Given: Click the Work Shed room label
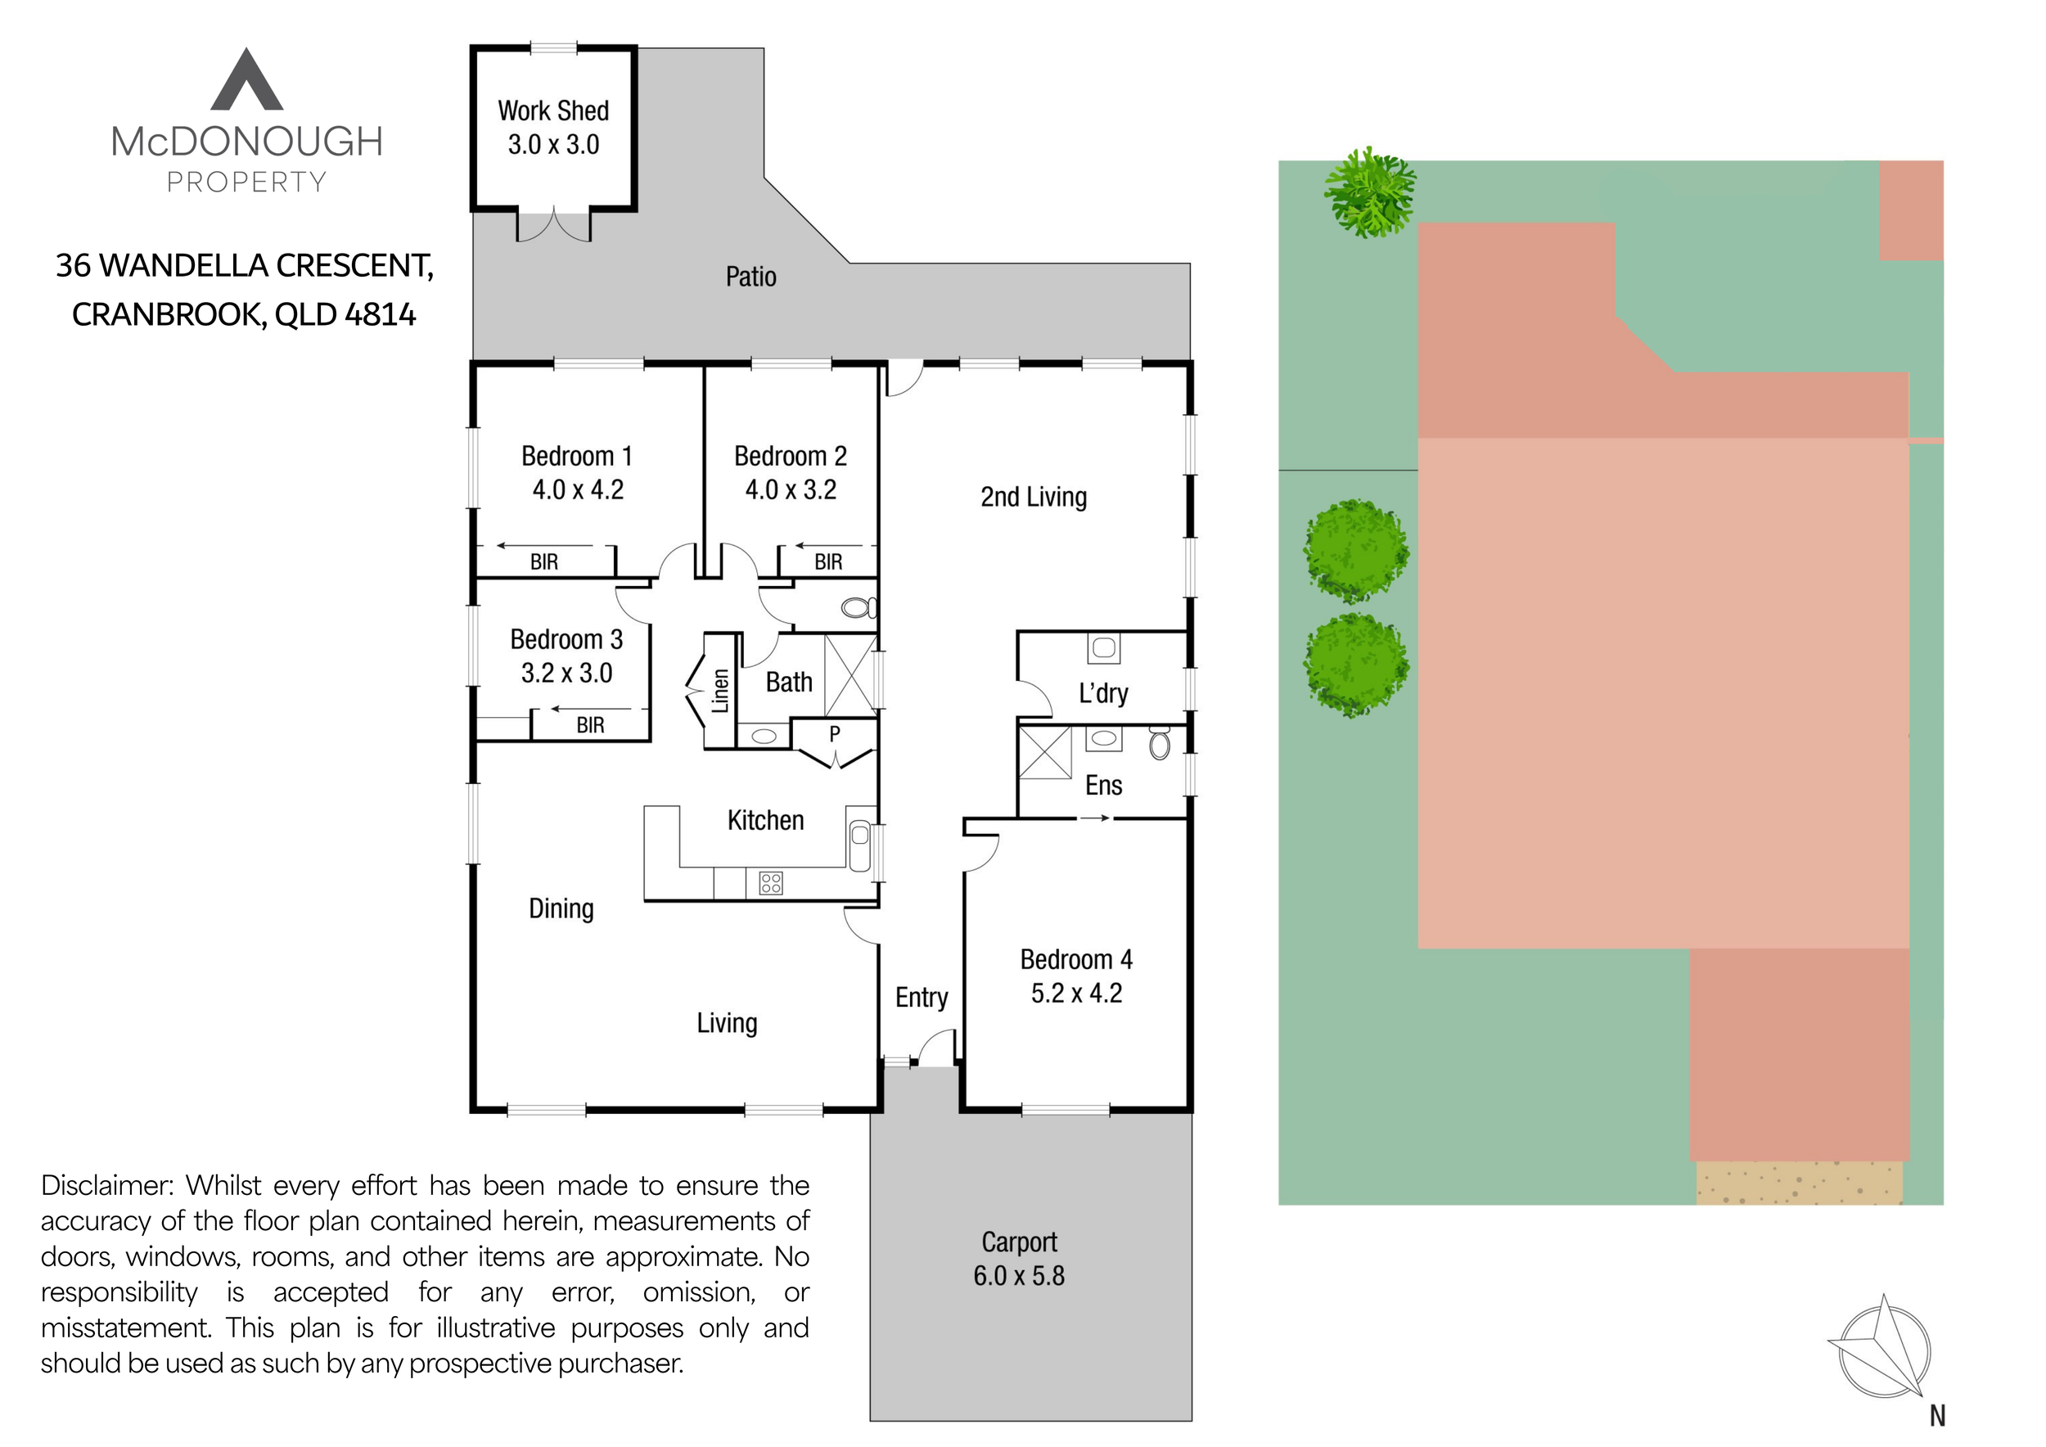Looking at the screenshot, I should [552, 110].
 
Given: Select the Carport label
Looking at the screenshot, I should [1019, 1242].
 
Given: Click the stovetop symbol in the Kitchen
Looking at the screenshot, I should [771, 883].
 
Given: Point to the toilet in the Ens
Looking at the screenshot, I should [1160, 742].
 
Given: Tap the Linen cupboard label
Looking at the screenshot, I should [720, 691].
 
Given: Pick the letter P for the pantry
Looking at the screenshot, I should [834, 733].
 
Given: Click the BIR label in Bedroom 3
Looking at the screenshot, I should [590, 725].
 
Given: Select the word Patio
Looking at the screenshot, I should [750, 277].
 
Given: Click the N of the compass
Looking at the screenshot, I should [1936, 1415].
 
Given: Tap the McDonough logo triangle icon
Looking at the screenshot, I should [247, 82].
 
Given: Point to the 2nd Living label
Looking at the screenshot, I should [1033, 497].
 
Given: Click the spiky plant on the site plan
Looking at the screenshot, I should [1370, 192].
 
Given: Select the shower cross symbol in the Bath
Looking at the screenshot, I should [850, 674].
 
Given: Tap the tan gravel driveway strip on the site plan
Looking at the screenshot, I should [1798, 1183].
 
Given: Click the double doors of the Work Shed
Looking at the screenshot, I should [553, 227].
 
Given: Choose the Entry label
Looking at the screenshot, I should [922, 997].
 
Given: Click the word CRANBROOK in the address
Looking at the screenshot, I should [167, 314].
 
